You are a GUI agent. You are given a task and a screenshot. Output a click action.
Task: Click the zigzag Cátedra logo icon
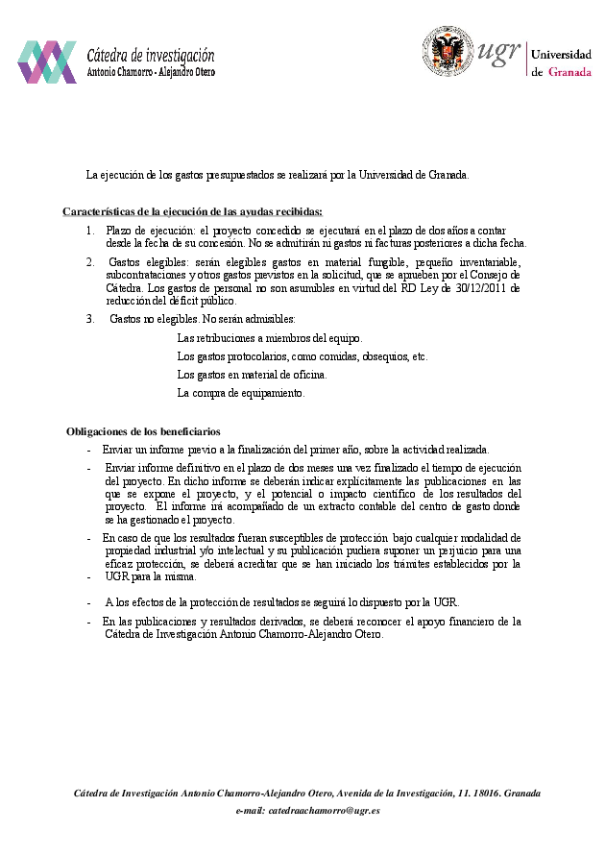pyautogui.click(x=46, y=62)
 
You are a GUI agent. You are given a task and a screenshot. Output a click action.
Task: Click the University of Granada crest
pyautogui.click(x=448, y=52)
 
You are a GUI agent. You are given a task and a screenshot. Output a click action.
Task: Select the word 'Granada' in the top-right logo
pyautogui.click(x=569, y=72)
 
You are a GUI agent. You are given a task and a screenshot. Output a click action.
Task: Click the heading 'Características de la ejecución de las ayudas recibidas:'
pyautogui.click(x=192, y=211)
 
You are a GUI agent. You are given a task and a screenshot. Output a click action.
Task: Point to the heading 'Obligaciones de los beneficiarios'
pyautogui.click(x=143, y=432)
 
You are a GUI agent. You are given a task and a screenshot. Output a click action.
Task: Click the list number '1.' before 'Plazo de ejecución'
pyautogui.click(x=90, y=231)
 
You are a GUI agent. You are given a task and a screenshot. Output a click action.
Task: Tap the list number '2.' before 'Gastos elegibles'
pyautogui.click(x=90, y=261)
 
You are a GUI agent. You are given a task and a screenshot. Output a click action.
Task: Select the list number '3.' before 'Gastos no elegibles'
pyautogui.click(x=90, y=318)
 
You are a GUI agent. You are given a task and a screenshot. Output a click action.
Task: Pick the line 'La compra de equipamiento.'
pyautogui.click(x=241, y=393)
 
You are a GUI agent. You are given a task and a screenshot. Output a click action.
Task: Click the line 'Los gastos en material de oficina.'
pyautogui.click(x=252, y=375)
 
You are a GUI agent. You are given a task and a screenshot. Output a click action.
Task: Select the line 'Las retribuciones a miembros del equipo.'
pyautogui.click(x=270, y=338)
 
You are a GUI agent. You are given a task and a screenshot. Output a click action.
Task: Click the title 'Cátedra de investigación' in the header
pyautogui.click(x=151, y=56)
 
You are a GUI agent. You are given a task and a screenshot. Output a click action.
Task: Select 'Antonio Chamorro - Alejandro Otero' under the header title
pyautogui.click(x=151, y=72)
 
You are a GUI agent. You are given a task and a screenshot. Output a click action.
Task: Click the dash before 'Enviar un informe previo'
pyautogui.click(x=89, y=450)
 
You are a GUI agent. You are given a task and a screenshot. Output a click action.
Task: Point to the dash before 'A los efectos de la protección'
pyautogui.click(x=89, y=603)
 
